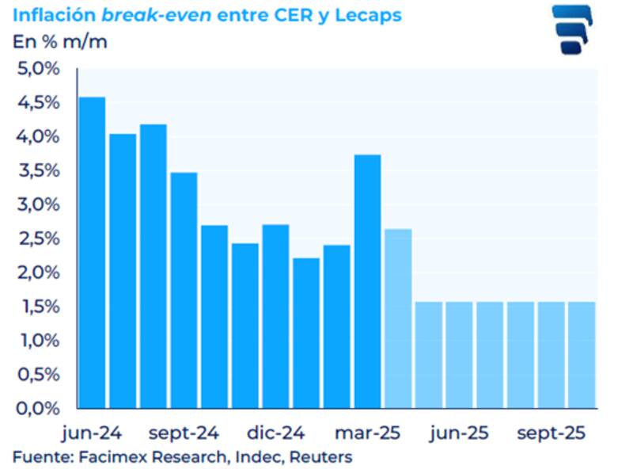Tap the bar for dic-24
[x=275, y=316]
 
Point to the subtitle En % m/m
[x=60, y=41]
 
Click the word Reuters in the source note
[x=324, y=457]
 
